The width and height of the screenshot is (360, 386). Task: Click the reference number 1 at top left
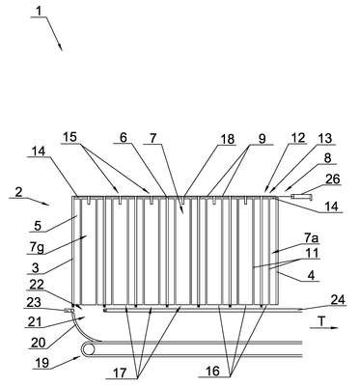tap(39, 12)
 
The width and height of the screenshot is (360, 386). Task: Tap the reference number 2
tap(19, 192)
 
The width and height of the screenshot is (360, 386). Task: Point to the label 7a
tap(311, 238)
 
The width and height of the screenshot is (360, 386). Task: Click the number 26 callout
tap(333, 179)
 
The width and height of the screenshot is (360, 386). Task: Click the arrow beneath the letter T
tap(324, 328)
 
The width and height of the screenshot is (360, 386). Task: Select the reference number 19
tap(42, 363)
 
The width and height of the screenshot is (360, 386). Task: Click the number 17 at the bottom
tap(120, 373)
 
